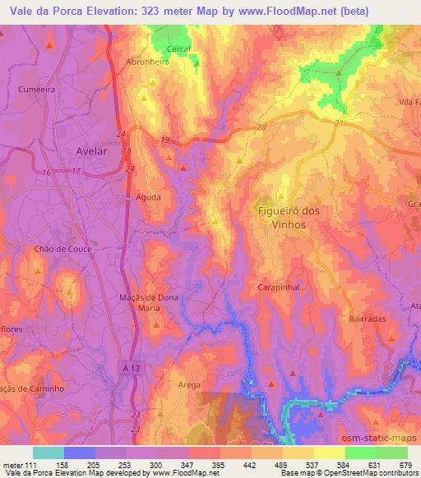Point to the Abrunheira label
147,61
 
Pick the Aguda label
148,197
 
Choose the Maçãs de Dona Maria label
149,302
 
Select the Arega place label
188,384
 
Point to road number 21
338,122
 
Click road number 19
165,140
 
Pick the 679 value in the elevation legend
404,464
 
